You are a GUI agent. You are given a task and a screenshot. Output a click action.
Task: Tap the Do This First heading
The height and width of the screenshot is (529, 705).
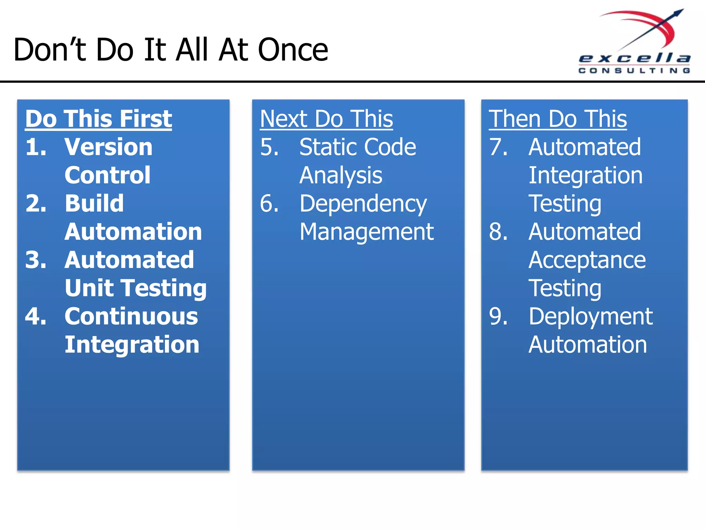[98, 119]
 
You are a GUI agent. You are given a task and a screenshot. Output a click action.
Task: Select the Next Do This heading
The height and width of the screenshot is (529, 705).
[326, 119]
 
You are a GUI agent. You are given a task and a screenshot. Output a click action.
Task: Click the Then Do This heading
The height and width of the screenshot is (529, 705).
[558, 119]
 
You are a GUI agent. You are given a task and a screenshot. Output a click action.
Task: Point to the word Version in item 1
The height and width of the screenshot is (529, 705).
[108, 147]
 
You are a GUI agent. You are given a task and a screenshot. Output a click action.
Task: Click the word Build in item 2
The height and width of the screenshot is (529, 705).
[94, 203]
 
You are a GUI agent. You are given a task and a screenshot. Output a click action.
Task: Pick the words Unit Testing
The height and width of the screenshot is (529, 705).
[136, 288]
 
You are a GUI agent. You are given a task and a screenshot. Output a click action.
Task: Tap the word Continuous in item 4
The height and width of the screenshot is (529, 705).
[131, 316]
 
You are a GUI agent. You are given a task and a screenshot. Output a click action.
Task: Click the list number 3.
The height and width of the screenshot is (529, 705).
[35, 260]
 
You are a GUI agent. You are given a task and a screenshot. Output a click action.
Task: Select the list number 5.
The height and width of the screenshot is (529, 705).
[269, 147]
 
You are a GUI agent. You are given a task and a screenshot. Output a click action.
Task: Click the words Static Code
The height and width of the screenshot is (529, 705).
[358, 147]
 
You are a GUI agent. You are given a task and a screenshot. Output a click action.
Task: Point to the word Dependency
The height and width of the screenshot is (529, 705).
[363, 204]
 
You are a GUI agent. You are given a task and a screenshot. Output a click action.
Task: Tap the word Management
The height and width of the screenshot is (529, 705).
[367, 232]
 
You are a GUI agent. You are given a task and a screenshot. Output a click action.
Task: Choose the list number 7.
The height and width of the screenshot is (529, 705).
[498, 147]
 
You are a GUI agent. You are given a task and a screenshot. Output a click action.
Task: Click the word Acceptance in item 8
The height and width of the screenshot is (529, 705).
[587, 260]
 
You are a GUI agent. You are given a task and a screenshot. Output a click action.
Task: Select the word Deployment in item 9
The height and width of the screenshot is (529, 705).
[591, 317]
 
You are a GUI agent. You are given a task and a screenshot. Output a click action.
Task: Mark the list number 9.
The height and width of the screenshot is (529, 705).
[498, 316]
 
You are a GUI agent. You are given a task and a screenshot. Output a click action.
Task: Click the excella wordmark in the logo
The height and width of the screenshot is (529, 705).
[634, 58]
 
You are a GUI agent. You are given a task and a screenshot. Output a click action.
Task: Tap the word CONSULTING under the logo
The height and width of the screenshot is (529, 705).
[634, 71]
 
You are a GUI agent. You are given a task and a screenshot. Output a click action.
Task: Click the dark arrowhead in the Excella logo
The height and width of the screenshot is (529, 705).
[678, 13]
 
